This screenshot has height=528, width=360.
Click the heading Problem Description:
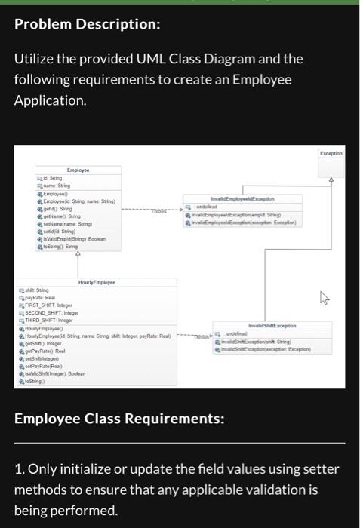coord(88,24)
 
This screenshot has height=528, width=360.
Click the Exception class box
coord(331,153)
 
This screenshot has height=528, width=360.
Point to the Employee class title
coord(78,171)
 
